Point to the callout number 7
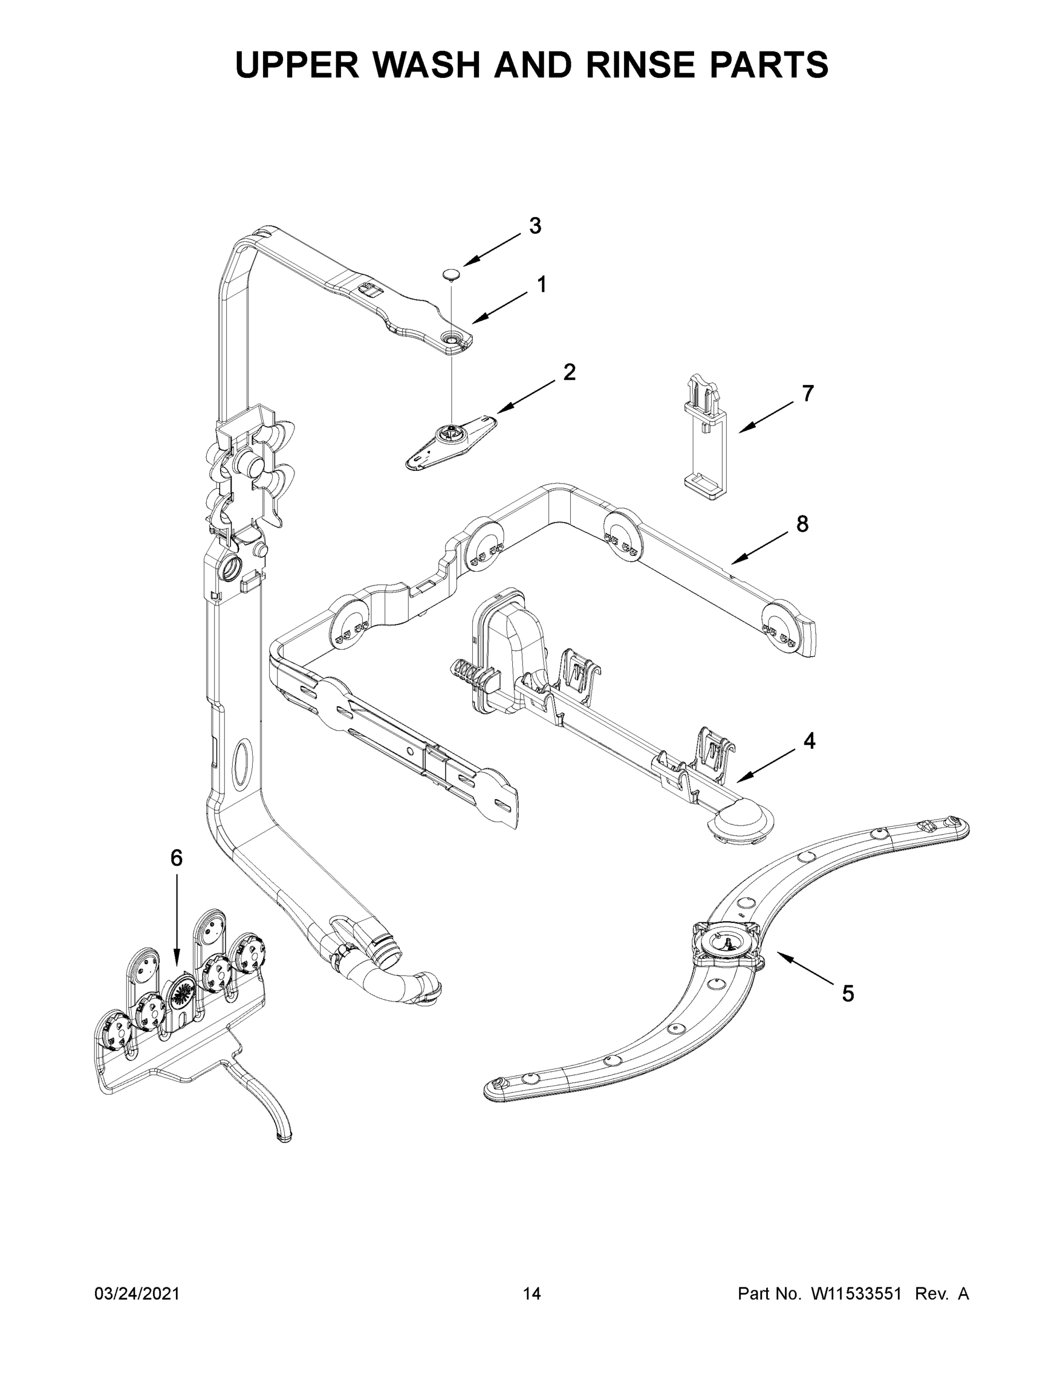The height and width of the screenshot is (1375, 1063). click(807, 394)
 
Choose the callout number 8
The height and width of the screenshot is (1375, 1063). click(802, 524)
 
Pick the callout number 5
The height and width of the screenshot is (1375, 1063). click(848, 993)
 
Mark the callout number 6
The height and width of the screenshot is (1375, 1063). click(176, 858)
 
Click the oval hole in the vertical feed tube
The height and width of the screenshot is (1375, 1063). click(241, 764)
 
